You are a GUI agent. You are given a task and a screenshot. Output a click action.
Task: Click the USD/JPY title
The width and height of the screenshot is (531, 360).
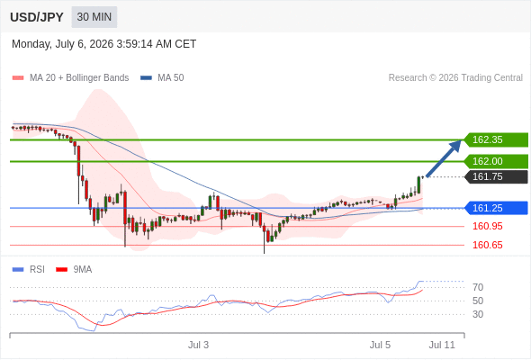tap(37, 17)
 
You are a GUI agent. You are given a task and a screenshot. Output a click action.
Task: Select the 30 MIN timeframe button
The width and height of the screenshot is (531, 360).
tap(94, 17)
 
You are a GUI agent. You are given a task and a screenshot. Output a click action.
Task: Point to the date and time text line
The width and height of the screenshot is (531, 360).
tap(104, 44)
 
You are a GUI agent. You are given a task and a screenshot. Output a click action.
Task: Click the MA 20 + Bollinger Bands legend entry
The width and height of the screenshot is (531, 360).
tap(70, 78)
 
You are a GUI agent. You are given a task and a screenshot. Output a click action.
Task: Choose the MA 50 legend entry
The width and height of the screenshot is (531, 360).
tap(162, 78)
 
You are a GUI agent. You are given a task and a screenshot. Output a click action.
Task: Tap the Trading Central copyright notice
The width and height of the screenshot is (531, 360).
tap(455, 78)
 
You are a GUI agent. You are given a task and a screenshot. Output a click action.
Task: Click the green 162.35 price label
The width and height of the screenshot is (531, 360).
tap(496, 139)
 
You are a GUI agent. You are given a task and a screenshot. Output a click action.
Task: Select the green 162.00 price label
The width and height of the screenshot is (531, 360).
tap(496, 161)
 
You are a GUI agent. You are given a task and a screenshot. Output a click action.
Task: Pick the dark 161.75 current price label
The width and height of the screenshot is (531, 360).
tap(496, 176)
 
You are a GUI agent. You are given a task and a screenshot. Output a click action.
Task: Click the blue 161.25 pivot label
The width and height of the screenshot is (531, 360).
tap(496, 208)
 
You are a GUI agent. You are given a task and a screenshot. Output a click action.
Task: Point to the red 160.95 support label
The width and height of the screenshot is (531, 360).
tap(487, 226)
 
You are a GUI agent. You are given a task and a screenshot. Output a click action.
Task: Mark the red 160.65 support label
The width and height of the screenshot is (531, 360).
tap(487, 245)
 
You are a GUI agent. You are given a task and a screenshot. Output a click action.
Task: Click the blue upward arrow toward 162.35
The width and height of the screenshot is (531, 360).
tap(444, 158)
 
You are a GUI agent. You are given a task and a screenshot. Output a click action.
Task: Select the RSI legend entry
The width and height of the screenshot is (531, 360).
tap(29, 270)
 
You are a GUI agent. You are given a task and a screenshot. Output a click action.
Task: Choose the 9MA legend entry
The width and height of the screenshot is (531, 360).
tap(74, 270)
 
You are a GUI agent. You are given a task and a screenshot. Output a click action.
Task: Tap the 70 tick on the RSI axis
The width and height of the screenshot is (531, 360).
tap(478, 287)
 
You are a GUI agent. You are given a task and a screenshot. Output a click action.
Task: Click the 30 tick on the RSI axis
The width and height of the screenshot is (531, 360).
tap(478, 314)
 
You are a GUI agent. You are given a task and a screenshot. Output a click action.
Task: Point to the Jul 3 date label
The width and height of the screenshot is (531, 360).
tap(198, 345)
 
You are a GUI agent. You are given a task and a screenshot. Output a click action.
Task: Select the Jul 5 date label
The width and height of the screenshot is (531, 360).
tap(380, 345)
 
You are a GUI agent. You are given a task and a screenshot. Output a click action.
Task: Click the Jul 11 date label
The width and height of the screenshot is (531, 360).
tap(442, 345)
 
